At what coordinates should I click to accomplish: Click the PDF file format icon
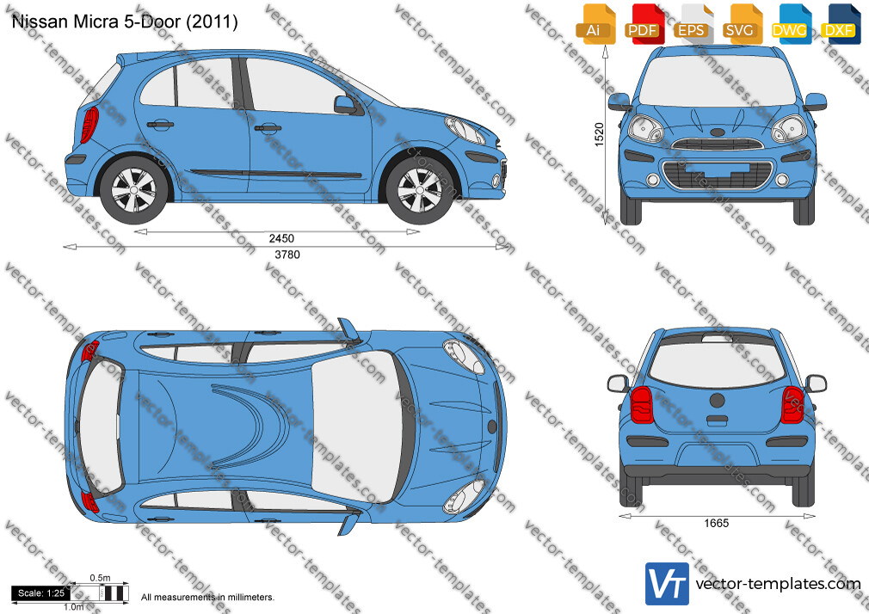(644, 24)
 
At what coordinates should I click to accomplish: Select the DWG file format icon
(791, 24)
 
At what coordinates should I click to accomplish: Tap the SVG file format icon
(742, 24)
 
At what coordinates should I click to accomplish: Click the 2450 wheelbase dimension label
(281, 238)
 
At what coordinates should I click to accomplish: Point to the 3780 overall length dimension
(287, 255)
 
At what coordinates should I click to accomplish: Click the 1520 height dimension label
(599, 135)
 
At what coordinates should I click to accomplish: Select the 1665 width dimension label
(717, 523)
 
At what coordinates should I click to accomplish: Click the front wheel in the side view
(420, 190)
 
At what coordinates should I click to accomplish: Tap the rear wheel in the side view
(133, 190)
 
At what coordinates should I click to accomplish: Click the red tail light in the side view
(89, 124)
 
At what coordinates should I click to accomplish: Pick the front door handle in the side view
(268, 129)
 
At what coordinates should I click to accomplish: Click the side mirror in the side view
(345, 104)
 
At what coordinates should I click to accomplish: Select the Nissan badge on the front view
(718, 132)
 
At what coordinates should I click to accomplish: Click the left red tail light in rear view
(641, 404)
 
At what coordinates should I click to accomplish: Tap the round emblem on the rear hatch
(718, 400)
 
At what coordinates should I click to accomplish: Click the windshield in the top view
(357, 427)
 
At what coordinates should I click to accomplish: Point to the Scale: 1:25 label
(41, 593)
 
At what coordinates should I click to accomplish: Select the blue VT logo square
(667, 584)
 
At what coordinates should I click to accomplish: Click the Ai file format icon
(595, 24)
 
